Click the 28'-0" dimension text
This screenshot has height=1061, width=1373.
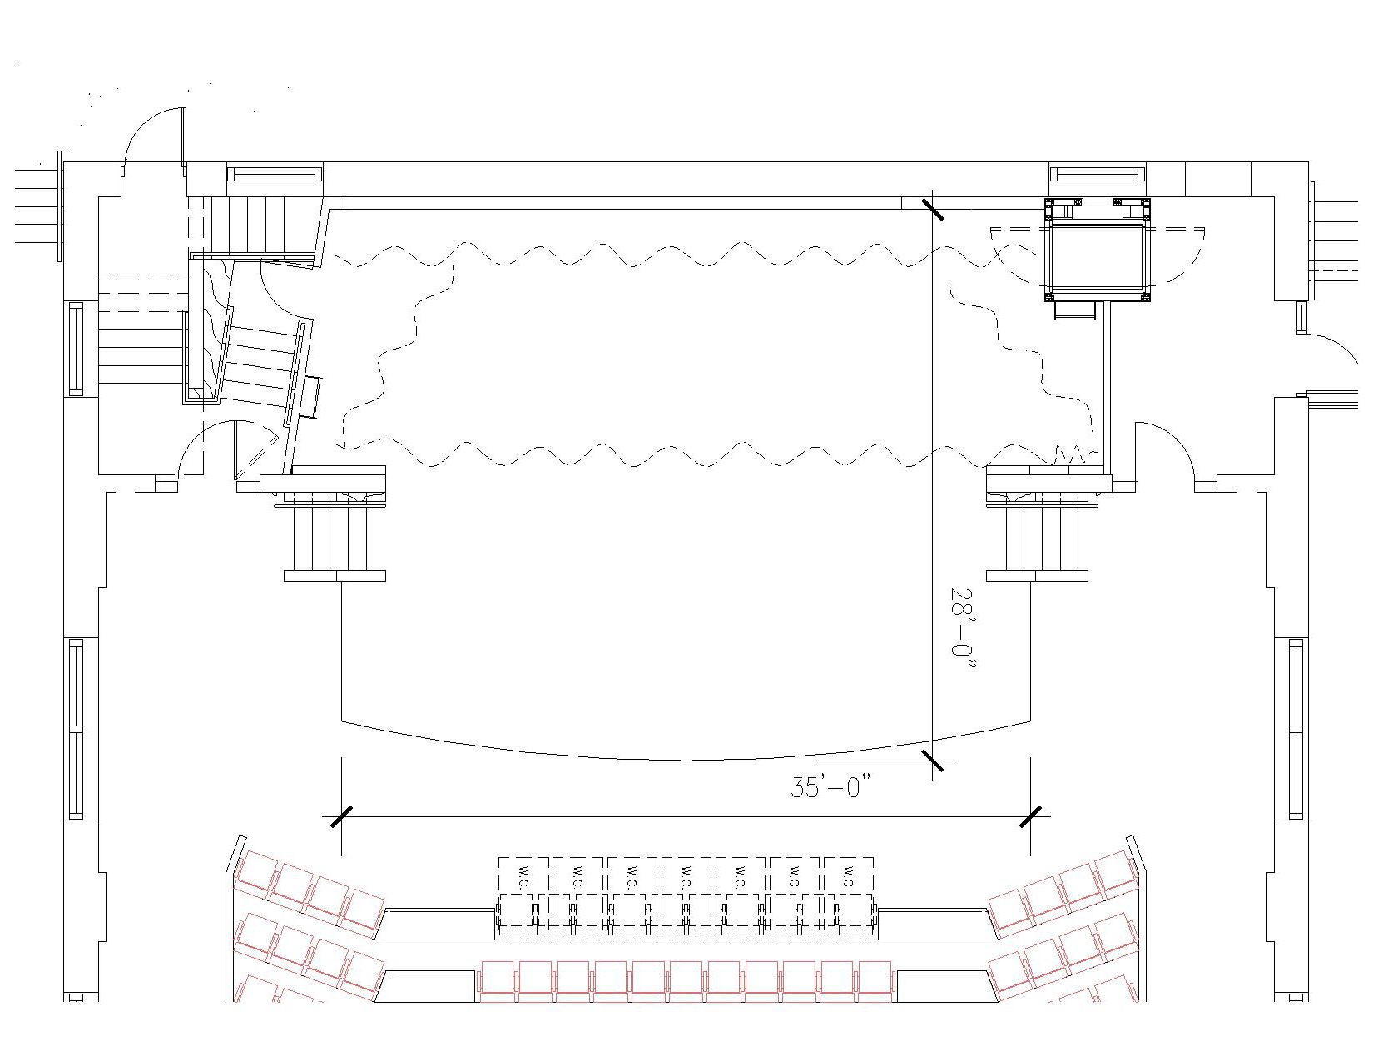[x=962, y=631]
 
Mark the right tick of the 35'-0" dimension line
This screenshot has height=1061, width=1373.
[x=1030, y=816]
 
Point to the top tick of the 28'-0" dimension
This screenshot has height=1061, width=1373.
[x=933, y=209]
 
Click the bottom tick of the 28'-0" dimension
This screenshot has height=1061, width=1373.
[x=933, y=761]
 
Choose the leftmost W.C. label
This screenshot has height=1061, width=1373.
[x=523, y=876]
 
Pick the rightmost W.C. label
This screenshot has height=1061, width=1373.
[x=850, y=876]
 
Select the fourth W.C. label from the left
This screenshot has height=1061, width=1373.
[x=686, y=876]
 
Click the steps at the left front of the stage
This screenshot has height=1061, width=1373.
[x=335, y=537]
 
